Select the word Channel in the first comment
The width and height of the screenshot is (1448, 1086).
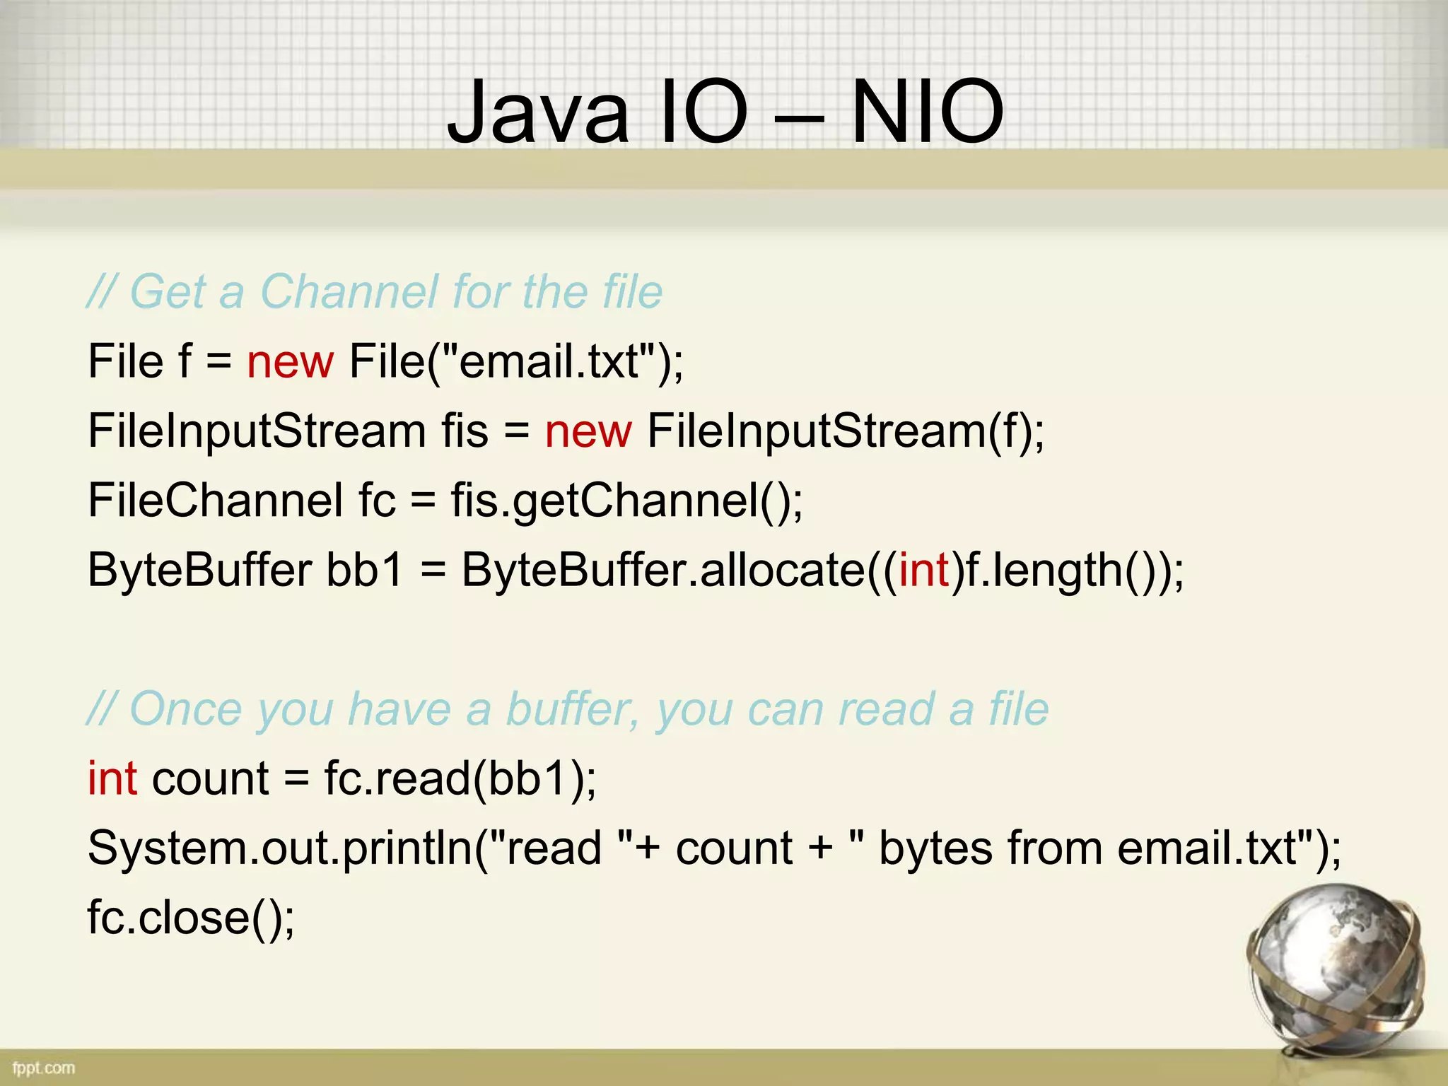click(349, 291)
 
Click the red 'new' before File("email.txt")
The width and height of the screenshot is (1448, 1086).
click(290, 362)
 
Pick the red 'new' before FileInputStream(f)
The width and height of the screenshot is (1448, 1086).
click(588, 431)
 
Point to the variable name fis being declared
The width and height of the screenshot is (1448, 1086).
click(465, 431)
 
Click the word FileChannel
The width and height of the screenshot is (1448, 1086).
click(215, 500)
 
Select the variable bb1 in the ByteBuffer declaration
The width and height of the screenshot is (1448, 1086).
click(364, 570)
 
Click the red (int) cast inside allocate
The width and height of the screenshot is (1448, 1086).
click(923, 570)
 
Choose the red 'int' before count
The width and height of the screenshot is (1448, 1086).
click(112, 778)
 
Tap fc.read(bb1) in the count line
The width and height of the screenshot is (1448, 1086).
click(460, 778)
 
